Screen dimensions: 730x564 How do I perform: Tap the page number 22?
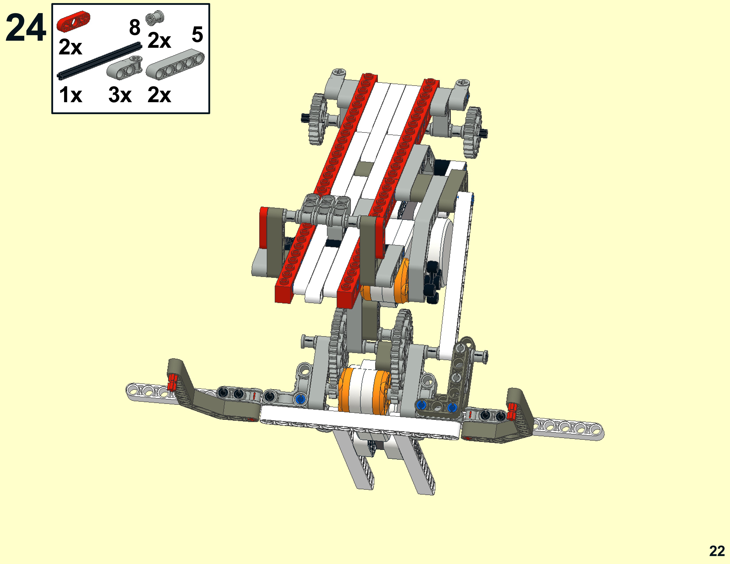(717, 551)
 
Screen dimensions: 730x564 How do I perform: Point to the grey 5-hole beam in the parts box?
(175, 64)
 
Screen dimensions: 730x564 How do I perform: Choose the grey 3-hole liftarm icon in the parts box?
(124, 67)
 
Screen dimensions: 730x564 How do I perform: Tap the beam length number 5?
(197, 35)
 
